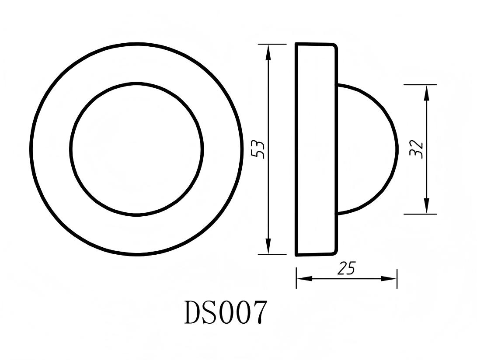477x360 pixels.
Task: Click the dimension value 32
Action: click(x=416, y=149)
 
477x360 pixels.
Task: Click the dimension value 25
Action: click(x=346, y=269)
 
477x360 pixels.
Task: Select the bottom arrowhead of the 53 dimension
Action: click(x=268, y=247)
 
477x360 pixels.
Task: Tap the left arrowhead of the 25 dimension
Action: click(x=303, y=279)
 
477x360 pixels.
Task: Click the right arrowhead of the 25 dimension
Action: click(x=390, y=279)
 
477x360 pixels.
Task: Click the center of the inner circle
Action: click(x=136, y=149)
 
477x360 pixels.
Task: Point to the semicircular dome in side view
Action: click(x=367, y=149)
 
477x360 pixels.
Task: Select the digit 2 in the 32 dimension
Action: click(x=416, y=144)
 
